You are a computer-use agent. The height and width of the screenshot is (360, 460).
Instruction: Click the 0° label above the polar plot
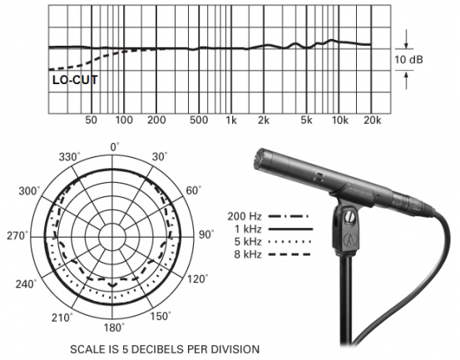(116, 147)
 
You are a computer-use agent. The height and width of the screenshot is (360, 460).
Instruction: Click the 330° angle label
(67, 156)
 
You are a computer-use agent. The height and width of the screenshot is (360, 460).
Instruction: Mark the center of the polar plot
(115, 235)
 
